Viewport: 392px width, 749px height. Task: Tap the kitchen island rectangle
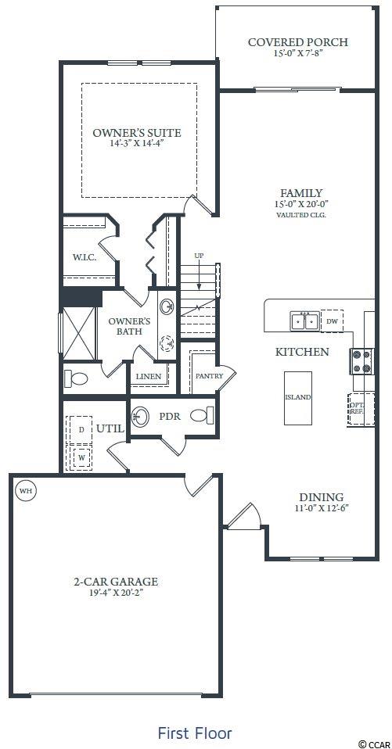298,398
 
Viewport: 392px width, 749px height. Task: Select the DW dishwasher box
332,321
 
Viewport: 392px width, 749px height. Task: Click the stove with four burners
362,360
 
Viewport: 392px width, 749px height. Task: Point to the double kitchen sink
304,321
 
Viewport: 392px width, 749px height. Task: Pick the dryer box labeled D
81,430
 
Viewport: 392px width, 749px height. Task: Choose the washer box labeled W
81,457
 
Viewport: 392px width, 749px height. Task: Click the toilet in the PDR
200,415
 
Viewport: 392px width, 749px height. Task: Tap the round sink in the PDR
140,416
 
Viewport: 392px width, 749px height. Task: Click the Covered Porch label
298,42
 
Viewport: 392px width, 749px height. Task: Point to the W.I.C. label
85,257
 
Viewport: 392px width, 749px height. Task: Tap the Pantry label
210,376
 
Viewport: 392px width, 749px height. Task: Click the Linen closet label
148,377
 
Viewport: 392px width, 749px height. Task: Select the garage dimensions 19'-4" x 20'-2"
115,593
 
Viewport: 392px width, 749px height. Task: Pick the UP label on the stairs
199,256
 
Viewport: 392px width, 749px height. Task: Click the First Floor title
195,733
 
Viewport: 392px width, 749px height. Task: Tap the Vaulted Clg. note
300,215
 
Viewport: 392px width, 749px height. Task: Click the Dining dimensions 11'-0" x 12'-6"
322,508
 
